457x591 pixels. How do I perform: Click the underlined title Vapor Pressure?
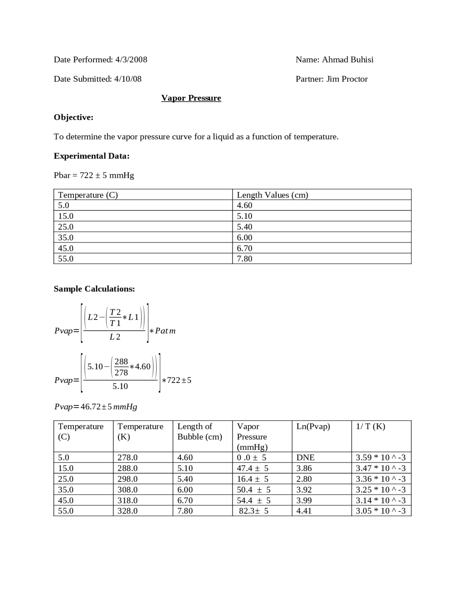191,98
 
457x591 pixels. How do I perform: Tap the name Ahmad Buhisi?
347,60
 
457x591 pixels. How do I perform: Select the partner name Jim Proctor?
347,79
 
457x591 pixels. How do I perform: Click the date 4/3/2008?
131,60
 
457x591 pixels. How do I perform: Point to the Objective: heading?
74,117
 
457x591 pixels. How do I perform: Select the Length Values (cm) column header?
272,195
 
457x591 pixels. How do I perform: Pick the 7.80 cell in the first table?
245,259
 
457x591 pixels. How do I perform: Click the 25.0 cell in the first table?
66,227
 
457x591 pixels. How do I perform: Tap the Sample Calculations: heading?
94,289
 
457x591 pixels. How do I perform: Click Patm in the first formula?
165,331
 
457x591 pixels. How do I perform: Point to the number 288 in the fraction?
121,362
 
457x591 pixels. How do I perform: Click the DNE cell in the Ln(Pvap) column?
305,458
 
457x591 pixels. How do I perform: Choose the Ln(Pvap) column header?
313,426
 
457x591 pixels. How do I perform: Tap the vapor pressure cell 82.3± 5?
253,511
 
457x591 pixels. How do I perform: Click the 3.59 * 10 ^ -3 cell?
381,458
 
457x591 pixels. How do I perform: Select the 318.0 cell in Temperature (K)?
127,500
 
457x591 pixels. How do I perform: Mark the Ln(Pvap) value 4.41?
304,511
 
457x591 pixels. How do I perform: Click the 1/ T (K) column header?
370,426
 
